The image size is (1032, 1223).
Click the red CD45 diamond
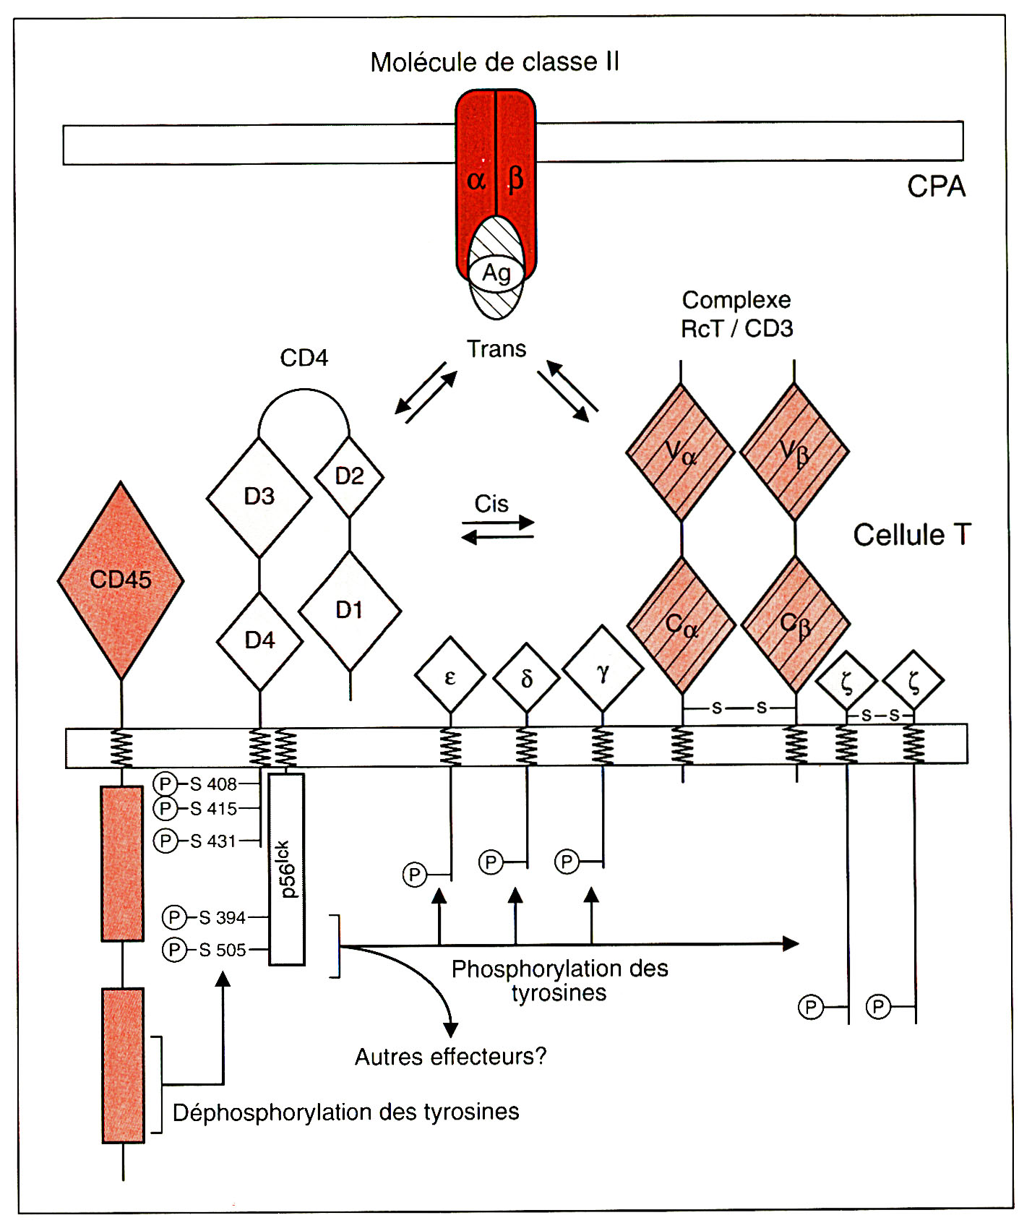[x=121, y=580]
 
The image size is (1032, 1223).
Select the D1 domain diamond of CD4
[x=350, y=611]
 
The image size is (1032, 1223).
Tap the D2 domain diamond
[x=350, y=476]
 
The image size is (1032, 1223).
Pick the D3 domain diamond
[x=259, y=497]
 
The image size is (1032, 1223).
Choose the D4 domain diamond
[x=259, y=640]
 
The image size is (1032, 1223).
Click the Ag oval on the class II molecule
[x=496, y=274]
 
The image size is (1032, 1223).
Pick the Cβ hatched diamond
[x=796, y=625]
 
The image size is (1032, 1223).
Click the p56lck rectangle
[x=287, y=870]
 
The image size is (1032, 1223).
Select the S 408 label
[x=213, y=784]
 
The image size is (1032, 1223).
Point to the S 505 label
[x=223, y=950]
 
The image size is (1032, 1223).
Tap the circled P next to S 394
[x=174, y=918]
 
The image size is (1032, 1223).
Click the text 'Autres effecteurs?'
[x=450, y=1057]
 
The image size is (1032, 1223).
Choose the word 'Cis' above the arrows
[x=491, y=504]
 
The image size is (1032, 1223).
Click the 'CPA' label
[x=936, y=187]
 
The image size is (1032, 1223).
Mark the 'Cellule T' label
[x=911, y=536]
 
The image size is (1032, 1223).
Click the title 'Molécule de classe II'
[x=494, y=63]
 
